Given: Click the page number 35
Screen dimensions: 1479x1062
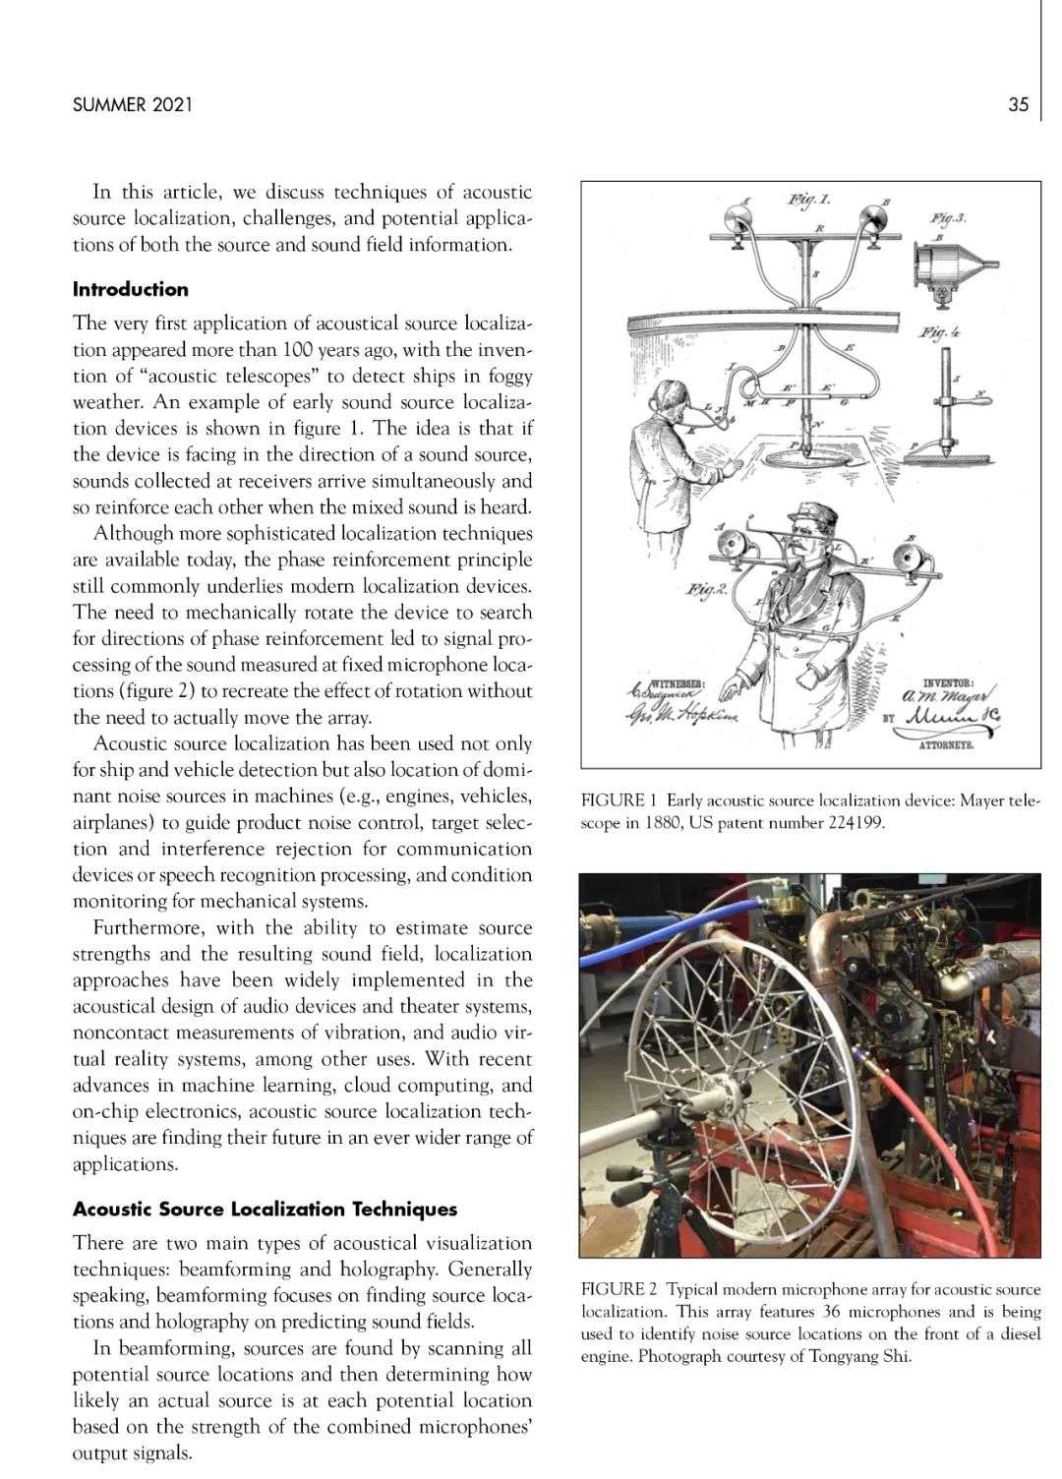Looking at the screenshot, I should tap(1018, 104).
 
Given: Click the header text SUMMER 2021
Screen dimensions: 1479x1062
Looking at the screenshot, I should tap(133, 104).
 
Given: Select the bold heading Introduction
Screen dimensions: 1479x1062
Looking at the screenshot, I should tap(131, 289).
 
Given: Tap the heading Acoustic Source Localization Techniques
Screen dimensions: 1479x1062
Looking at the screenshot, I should tap(265, 1210).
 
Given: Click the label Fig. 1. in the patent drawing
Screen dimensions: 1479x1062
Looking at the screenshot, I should tap(809, 201).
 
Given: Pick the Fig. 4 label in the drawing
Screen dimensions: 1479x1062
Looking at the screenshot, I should tap(941, 332).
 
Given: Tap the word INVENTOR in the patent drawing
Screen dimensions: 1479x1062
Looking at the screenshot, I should tap(948, 681).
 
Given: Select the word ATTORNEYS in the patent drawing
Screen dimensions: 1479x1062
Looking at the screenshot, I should tap(945, 746).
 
